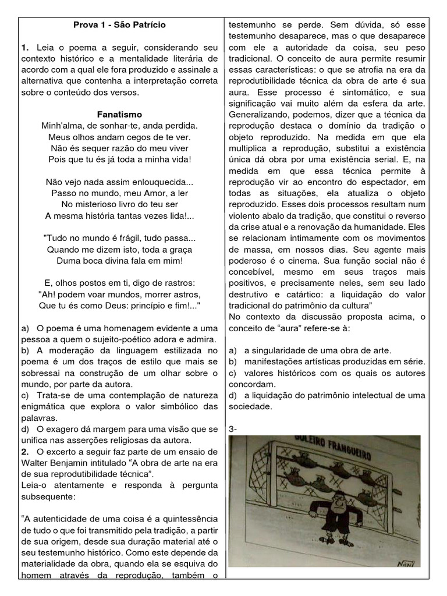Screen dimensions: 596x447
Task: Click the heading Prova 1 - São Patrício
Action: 119,25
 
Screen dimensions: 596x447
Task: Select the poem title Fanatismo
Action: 119,114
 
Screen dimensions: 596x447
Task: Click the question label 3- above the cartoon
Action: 233,429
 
